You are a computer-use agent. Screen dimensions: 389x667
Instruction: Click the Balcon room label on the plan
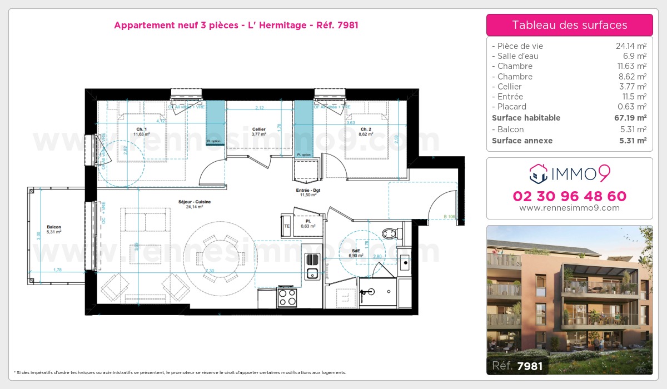pyautogui.click(x=54, y=227)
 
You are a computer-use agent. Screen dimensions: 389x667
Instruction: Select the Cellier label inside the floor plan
pyautogui.click(x=258, y=129)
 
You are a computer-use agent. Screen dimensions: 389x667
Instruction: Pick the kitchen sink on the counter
pyautogui.click(x=312, y=272)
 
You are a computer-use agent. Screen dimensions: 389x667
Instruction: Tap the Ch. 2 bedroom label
pyautogui.click(x=350, y=129)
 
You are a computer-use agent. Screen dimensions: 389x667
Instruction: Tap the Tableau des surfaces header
pyautogui.click(x=569, y=25)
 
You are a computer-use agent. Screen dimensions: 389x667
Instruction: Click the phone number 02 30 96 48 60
pyautogui.click(x=569, y=196)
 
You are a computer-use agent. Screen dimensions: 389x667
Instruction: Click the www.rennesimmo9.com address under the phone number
pyautogui.click(x=569, y=208)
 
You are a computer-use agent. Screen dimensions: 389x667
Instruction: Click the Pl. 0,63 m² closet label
pyautogui.click(x=305, y=223)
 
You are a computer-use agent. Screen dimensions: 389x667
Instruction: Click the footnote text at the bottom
pyautogui.click(x=179, y=372)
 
